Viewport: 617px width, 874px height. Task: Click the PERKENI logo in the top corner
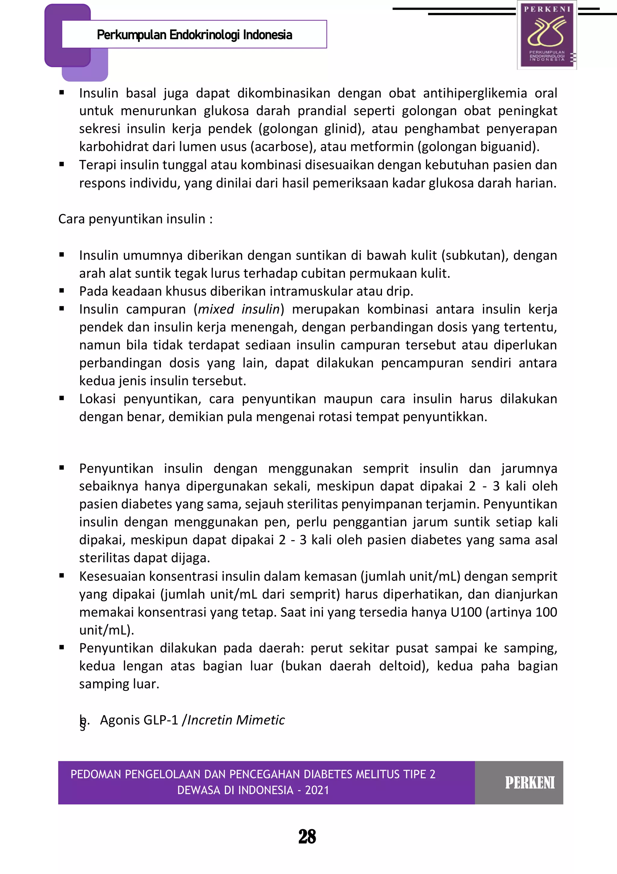[547, 35]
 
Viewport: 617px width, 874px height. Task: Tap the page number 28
[307, 837]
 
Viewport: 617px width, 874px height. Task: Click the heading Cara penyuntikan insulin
[135, 219]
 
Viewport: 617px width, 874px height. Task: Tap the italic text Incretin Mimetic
[236, 720]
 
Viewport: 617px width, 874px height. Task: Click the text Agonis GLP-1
[139, 720]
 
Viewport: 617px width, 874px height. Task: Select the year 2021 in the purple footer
[317, 790]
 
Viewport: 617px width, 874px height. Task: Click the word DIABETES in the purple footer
[329, 774]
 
